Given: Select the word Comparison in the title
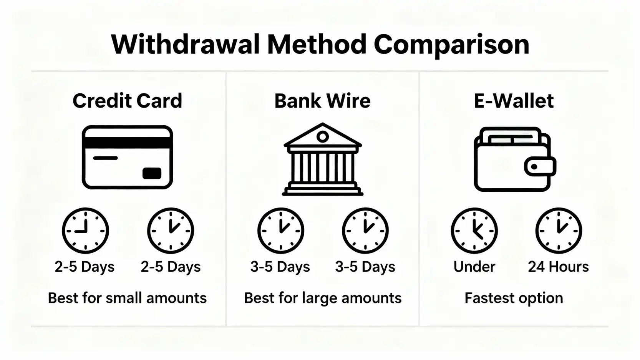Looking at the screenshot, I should tap(451, 45).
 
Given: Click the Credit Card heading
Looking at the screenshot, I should tap(127, 101).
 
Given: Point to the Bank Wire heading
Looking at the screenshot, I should tap(322, 101).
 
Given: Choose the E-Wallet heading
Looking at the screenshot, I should tap(514, 101).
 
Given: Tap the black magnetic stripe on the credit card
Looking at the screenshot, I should tap(127, 143).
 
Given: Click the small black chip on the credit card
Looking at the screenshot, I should tap(152, 173).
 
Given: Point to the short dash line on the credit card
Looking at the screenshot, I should tap(105, 158).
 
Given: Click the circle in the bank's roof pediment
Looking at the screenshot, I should tap(323, 136).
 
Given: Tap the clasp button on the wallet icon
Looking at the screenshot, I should tap(539, 167).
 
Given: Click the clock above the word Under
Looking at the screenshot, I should tap(474, 231).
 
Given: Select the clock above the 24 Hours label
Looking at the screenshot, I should tap(559, 231).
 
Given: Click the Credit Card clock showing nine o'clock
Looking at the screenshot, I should tap(85, 231).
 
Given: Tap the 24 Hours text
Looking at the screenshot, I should tap(558, 267).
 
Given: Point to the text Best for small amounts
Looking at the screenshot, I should tap(127, 298).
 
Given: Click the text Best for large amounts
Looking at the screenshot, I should tap(323, 298).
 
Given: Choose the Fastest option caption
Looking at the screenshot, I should tap(514, 298).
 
